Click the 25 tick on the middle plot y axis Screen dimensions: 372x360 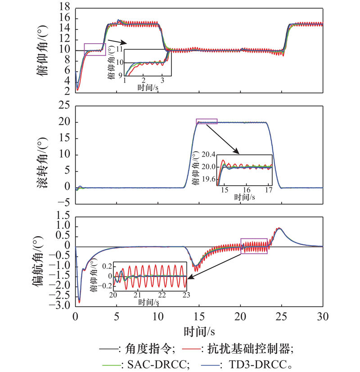tap(66, 106)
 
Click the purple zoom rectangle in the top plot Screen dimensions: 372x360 tap(95, 49)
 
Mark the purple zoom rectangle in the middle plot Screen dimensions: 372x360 tap(207, 121)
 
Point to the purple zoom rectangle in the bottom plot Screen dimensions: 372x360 tap(254, 246)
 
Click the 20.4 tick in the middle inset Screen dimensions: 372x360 tap(208, 154)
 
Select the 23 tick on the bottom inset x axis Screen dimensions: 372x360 tap(185, 295)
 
